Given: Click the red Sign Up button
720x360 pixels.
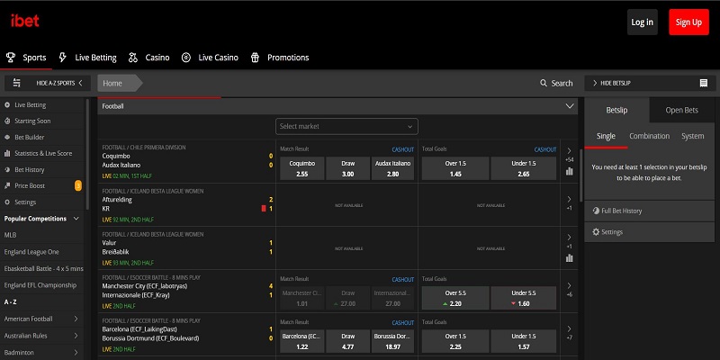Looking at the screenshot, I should [x=689, y=22].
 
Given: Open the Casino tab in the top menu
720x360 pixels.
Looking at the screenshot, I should [x=157, y=58].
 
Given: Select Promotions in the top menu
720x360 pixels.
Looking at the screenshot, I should [x=287, y=58].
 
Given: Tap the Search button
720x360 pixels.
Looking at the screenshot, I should [x=556, y=83].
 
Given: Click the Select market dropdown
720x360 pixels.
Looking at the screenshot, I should [x=346, y=127].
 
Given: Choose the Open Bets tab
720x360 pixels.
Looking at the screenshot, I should [x=681, y=110].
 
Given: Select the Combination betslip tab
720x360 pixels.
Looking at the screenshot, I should [x=649, y=136].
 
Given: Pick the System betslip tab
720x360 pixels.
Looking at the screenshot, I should [x=692, y=136].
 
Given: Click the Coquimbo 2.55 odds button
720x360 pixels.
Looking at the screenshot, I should [x=302, y=168].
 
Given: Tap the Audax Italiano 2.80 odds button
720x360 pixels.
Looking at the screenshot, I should [x=392, y=168].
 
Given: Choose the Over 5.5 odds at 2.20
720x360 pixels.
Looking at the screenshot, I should [x=455, y=298].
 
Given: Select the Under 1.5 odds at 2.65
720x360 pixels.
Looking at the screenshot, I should [x=524, y=168].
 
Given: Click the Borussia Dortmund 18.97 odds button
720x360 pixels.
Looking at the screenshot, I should [x=392, y=341].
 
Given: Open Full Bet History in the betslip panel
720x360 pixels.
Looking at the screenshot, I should [x=620, y=211].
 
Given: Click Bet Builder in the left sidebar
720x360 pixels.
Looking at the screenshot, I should [x=30, y=137].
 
